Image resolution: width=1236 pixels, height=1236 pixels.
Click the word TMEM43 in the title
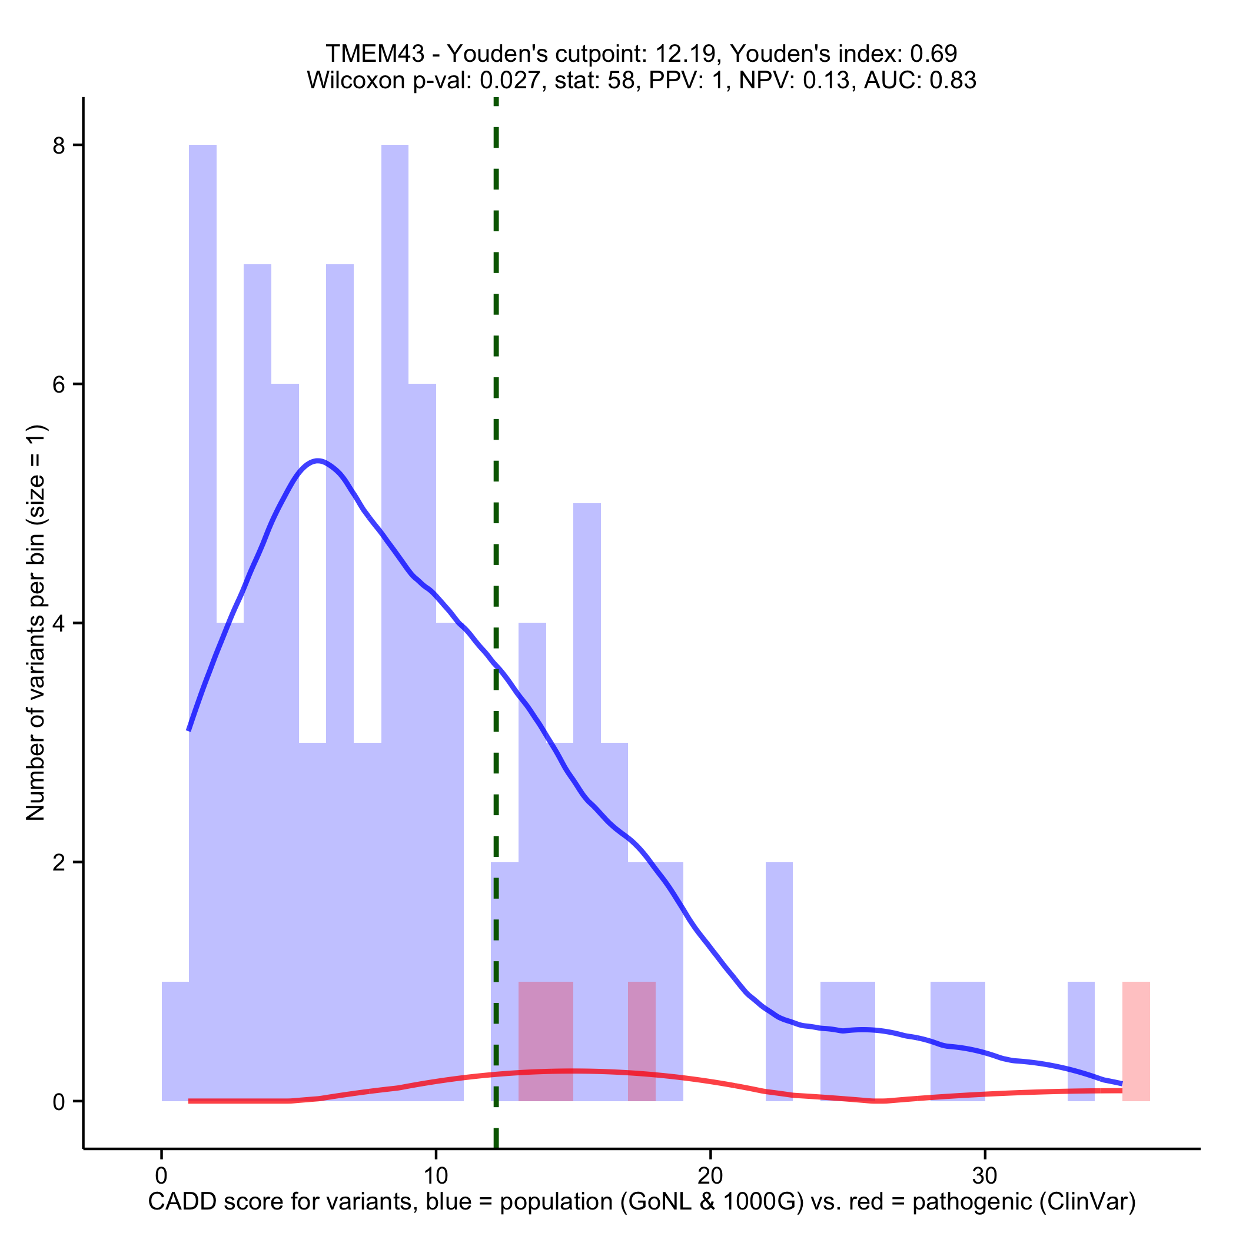coord(374,54)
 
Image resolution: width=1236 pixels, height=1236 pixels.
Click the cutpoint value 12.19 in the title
coord(687,54)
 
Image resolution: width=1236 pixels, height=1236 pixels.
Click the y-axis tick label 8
coord(59,146)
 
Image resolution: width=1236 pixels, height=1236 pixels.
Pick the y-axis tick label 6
coord(59,384)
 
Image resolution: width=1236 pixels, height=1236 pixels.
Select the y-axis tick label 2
coord(59,862)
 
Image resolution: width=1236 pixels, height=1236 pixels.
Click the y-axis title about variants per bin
coord(36,623)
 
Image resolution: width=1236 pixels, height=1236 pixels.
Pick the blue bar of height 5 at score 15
coord(587,640)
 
